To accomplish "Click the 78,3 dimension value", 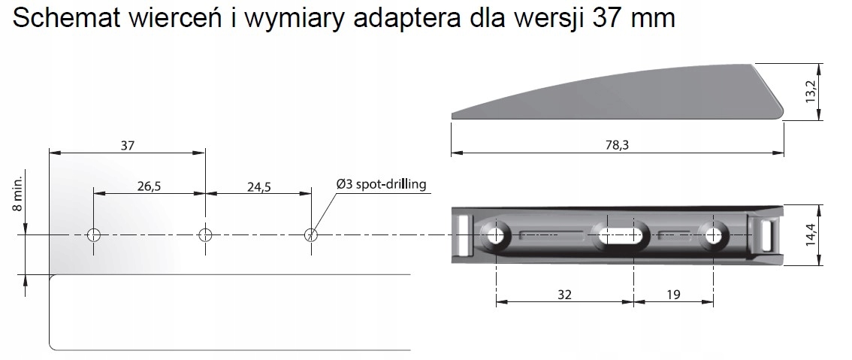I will click(x=617, y=145).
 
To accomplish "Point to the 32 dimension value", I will click(x=565, y=295).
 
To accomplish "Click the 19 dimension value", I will click(x=673, y=295).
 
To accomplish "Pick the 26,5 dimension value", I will click(x=149, y=186).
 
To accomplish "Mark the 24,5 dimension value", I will click(x=258, y=186).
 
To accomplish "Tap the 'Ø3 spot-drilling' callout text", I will click(x=381, y=183).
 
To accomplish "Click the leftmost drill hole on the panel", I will click(x=93, y=235).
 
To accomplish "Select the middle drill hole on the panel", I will click(x=205, y=235).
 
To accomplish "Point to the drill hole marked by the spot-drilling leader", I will click(x=311, y=235).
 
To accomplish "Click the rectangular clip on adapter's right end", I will click(x=766, y=234).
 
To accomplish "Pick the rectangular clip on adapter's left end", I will click(x=463, y=234).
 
